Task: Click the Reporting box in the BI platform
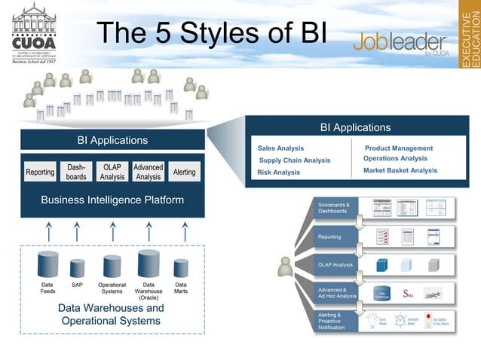pyautogui.click(x=40, y=172)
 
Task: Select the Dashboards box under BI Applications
pyautogui.click(x=76, y=172)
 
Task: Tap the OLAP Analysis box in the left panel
pyautogui.click(x=112, y=172)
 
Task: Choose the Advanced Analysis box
pyautogui.click(x=149, y=172)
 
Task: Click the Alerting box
pyautogui.click(x=185, y=172)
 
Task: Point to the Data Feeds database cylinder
pyautogui.click(x=47, y=264)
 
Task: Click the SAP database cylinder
pyautogui.click(x=78, y=268)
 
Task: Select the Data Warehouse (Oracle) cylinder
pyautogui.click(x=149, y=264)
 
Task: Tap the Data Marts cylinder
pyautogui.click(x=181, y=268)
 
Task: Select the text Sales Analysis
pyautogui.click(x=280, y=148)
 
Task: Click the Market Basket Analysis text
pyautogui.click(x=400, y=170)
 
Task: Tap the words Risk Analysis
pyautogui.click(x=278, y=172)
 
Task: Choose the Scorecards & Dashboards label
pyautogui.click(x=333, y=208)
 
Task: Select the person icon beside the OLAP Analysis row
pyautogui.click(x=285, y=266)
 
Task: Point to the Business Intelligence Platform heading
pyautogui.click(x=112, y=200)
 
